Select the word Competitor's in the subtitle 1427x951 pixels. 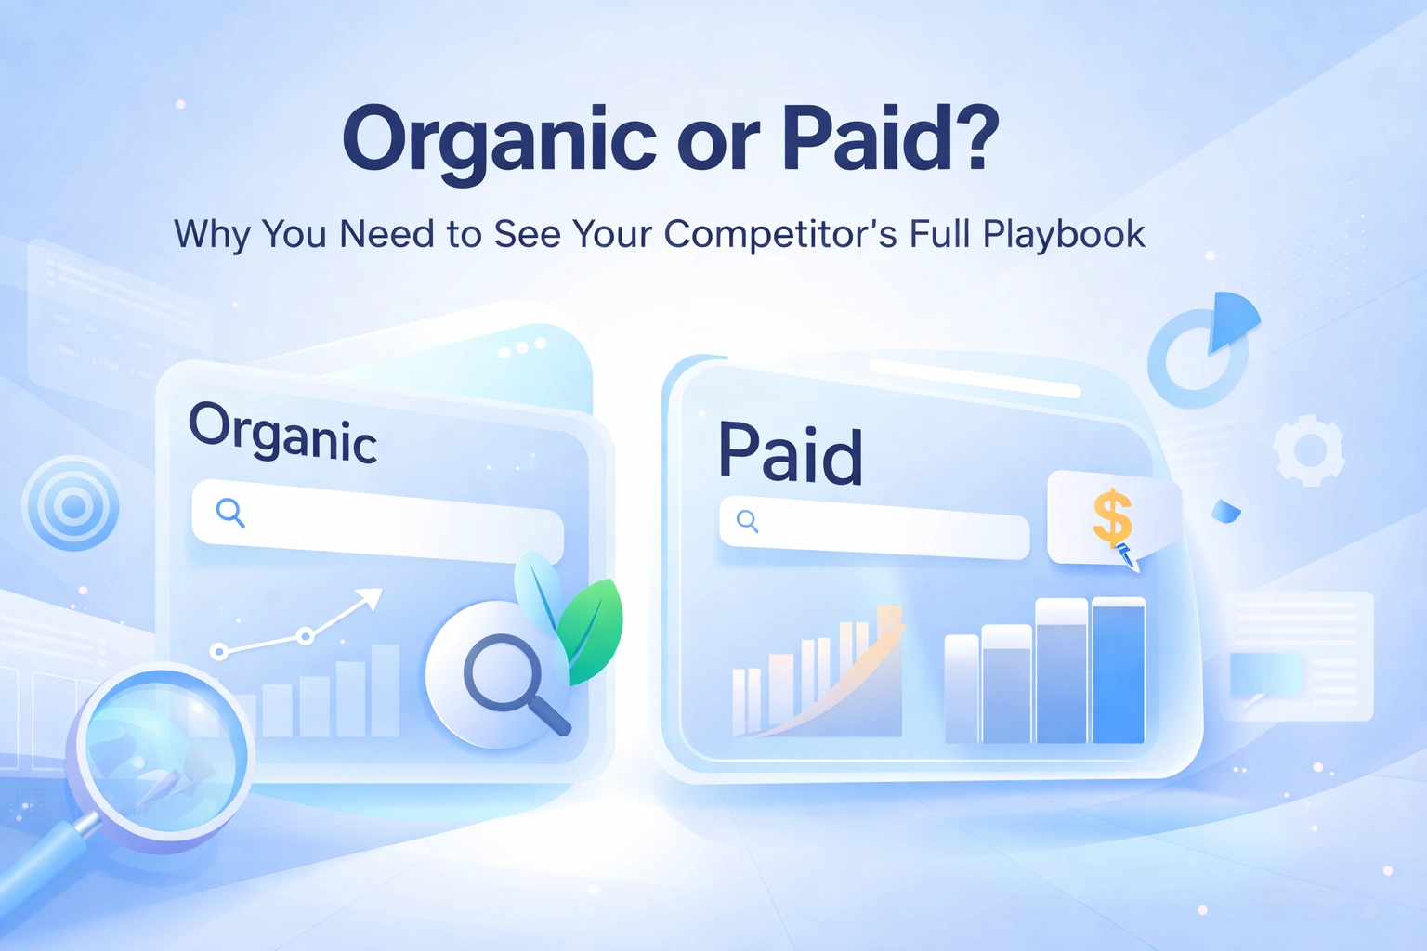780,235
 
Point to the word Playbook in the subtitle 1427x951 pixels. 1064,234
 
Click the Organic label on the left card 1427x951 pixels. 282,431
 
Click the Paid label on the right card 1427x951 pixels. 791,453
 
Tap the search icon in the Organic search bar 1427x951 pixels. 230,513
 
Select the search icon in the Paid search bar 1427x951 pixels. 748,521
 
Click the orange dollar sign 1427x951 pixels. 1112,517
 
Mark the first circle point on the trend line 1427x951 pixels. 219,651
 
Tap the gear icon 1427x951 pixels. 1309,450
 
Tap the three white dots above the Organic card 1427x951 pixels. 522,347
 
